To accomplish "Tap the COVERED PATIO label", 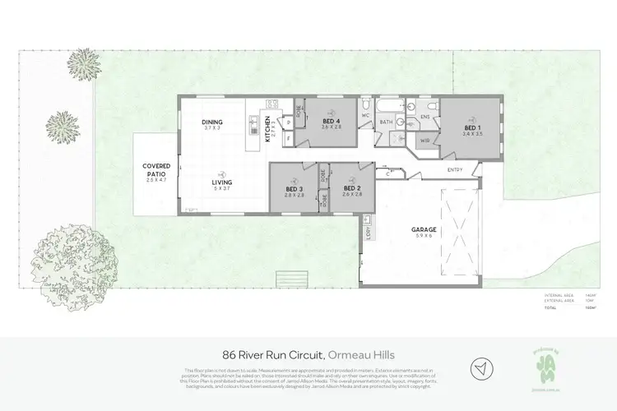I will pos(155,168).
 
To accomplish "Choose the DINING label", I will pos(213,123).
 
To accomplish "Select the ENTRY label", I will pos(454,170).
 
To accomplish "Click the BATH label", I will pos(386,122).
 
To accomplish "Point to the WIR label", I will pos(425,141).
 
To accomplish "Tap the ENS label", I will pos(425,117).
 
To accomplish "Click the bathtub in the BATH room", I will pos(387,107).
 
